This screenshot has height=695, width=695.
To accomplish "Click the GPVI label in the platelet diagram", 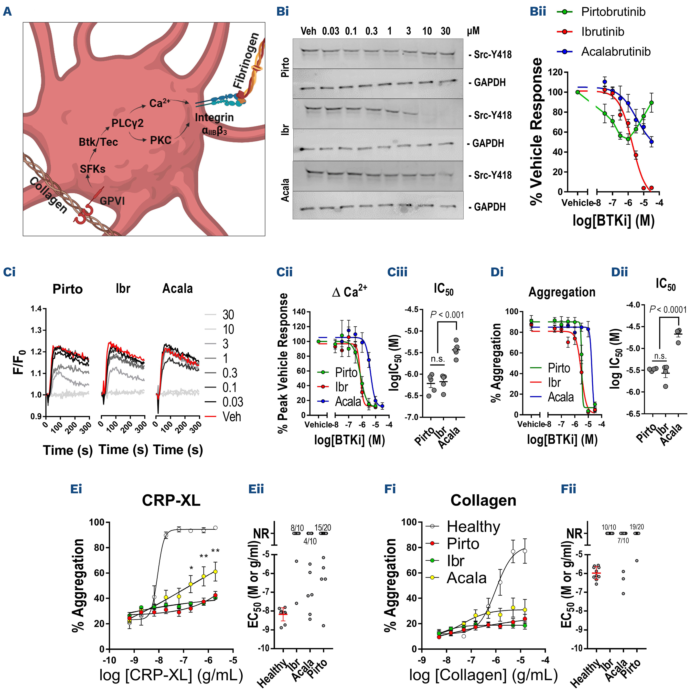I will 112,200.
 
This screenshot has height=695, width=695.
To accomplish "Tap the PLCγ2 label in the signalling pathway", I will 127,123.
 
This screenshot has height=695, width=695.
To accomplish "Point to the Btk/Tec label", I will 98,142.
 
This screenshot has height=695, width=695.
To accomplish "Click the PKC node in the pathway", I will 160,140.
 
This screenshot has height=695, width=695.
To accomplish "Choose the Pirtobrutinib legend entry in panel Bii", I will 613,12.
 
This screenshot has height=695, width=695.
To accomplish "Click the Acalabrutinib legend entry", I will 616,52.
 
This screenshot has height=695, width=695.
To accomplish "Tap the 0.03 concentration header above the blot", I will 330,31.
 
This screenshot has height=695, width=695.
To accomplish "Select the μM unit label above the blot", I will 473,31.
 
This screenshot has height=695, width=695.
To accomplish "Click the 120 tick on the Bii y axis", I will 555,72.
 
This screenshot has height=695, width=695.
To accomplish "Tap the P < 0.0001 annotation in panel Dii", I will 668,309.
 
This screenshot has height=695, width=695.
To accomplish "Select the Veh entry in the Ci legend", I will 232,417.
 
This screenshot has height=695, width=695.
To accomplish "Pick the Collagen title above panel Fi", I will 483,500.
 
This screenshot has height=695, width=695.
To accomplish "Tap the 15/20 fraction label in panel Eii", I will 323,528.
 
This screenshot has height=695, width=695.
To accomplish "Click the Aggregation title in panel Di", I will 562,292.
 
